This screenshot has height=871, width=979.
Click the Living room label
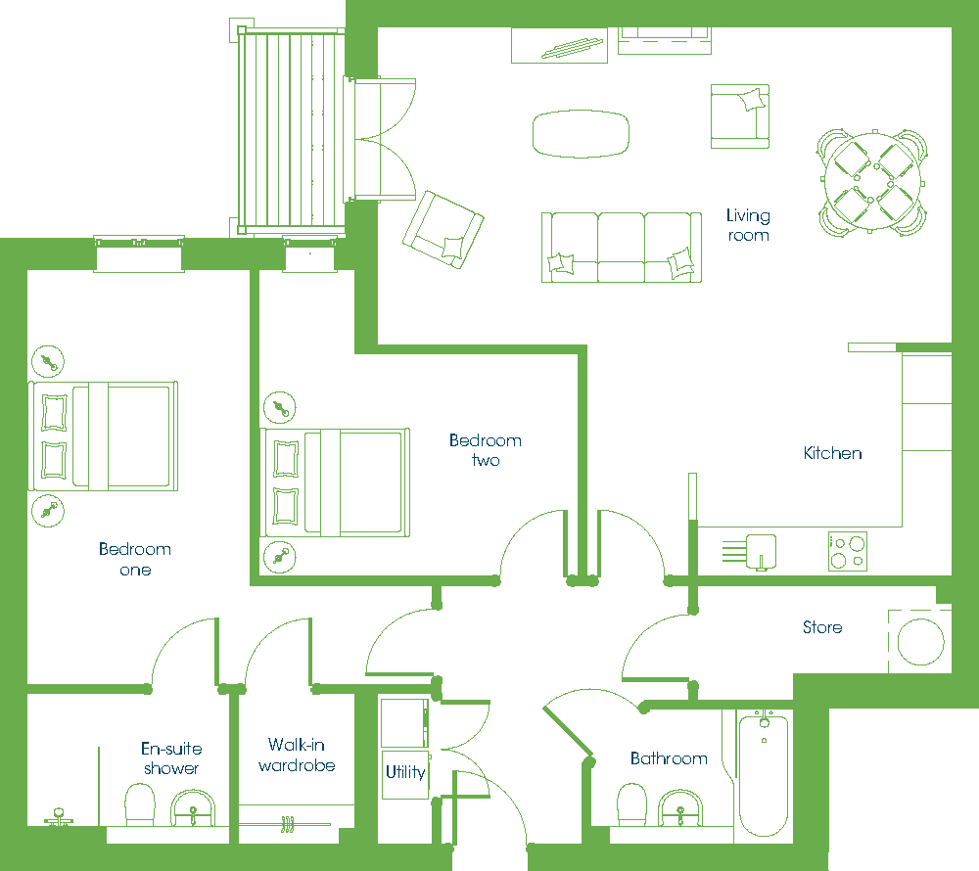click(748, 225)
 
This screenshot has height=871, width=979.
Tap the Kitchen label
click(832, 453)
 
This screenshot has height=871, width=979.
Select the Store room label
click(822, 627)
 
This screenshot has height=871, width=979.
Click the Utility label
click(405, 772)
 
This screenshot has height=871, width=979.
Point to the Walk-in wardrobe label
click(297, 755)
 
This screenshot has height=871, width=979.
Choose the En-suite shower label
click(171, 758)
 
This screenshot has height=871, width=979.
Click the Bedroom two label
click(486, 450)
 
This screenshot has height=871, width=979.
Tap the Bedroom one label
click(135, 559)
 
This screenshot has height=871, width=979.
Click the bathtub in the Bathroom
click(763, 774)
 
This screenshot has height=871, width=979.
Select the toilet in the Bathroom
click(631, 804)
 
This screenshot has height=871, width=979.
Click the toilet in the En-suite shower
click(139, 804)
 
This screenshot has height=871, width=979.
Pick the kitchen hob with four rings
click(847, 552)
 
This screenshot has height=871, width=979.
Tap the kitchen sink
click(761, 552)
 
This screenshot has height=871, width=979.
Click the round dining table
click(872, 182)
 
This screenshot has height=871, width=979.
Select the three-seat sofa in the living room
click(622, 248)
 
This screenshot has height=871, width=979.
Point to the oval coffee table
click(581, 133)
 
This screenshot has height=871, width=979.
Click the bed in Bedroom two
click(335, 482)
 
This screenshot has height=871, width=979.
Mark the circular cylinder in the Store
click(920, 642)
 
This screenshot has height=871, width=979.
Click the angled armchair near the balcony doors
click(443, 230)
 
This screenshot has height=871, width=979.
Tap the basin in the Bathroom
click(680, 808)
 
